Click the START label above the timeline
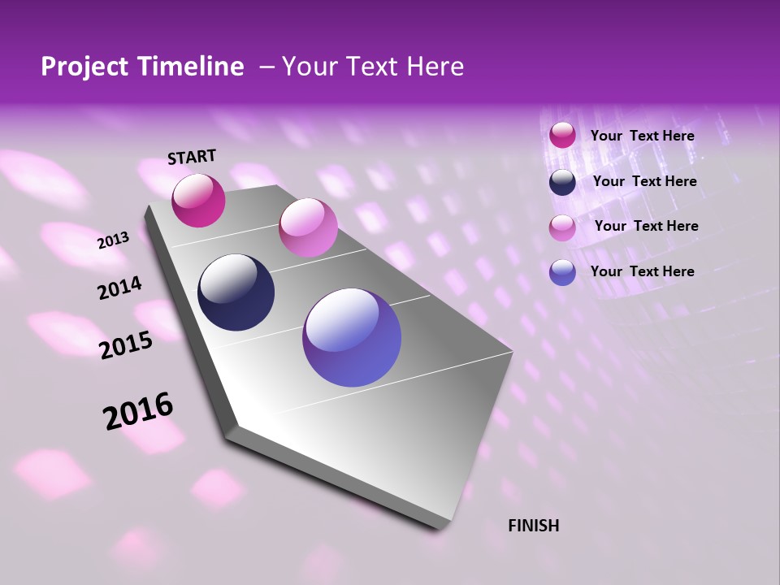click(x=192, y=157)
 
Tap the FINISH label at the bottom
click(x=533, y=526)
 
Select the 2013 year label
click(x=113, y=240)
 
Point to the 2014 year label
click(x=119, y=288)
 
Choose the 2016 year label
click(x=138, y=411)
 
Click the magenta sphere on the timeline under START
click(x=198, y=201)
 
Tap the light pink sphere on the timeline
click(x=308, y=227)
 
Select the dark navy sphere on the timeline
click(x=236, y=292)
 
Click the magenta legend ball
click(x=562, y=136)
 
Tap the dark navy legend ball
click(x=562, y=182)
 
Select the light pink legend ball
click(x=562, y=227)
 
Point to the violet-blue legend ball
click(x=562, y=272)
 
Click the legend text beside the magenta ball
click(x=642, y=136)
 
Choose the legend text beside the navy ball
click(x=644, y=181)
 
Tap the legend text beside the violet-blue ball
click(x=642, y=271)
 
